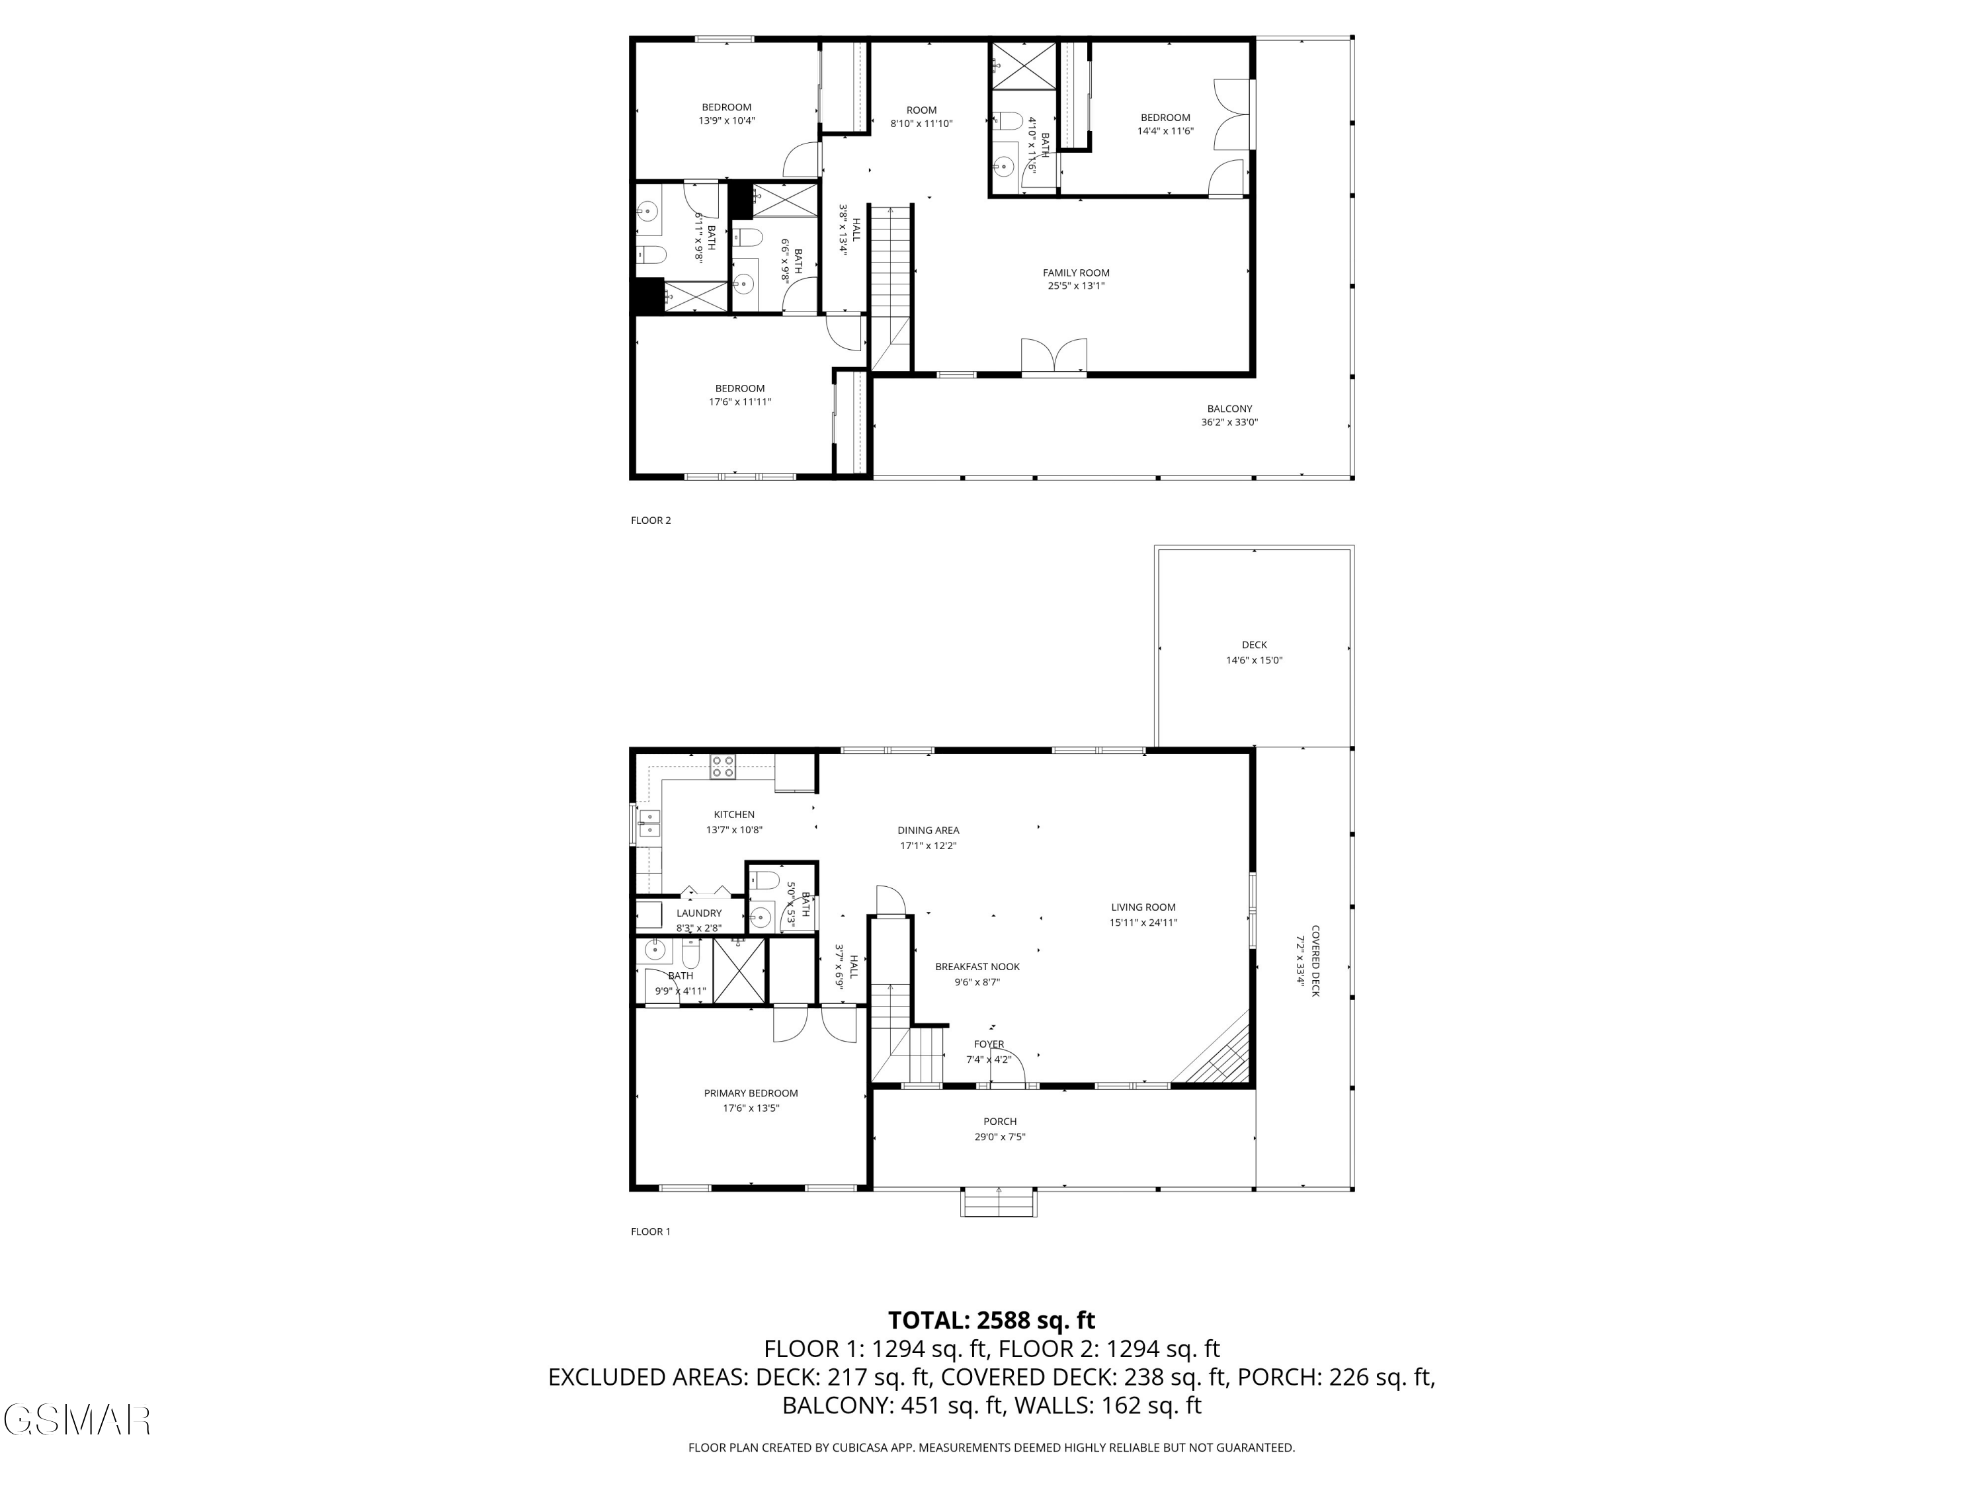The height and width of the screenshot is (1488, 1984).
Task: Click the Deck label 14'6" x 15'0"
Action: [x=1254, y=652]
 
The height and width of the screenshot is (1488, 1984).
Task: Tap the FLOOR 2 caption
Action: [x=650, y=520]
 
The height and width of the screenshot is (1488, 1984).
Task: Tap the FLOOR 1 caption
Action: [x=650, y=1231]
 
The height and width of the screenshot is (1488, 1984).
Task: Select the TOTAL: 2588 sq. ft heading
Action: [x=991, y=1320]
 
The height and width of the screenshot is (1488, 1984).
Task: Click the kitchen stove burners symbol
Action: [x=723, y=767]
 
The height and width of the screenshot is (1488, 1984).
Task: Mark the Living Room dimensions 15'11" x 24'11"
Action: [x=1143, y=922]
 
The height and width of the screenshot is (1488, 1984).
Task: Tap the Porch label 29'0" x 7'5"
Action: [x=999, y=1128]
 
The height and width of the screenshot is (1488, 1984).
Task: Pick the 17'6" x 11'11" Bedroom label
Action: [x=739, y=395]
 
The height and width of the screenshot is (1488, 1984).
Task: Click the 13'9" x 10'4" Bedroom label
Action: [x=727, y=113]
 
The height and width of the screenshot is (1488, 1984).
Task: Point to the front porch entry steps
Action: [x=998, y=1203]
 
